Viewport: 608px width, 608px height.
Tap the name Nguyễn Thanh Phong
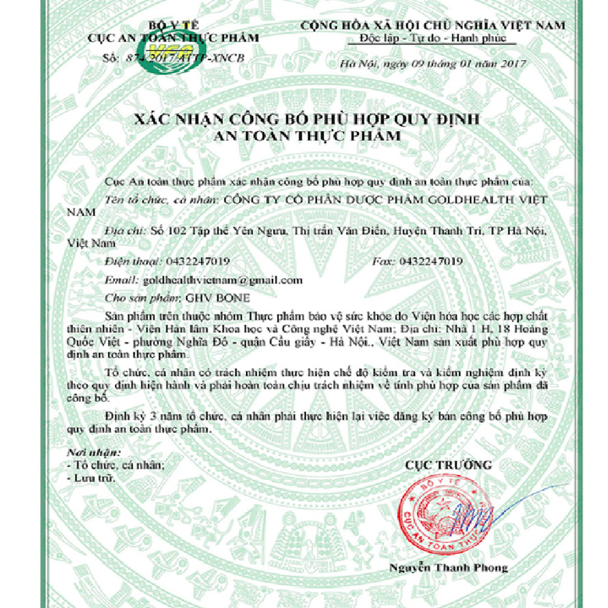click(449, 568)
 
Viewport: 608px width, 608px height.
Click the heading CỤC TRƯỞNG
click(448, 465)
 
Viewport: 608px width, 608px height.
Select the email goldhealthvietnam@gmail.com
click(222, 279)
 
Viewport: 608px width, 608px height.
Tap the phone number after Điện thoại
click(197, 261)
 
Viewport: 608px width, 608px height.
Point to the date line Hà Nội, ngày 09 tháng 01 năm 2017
click(433, 63)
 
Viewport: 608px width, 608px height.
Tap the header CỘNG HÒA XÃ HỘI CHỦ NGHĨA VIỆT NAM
click(433, 25)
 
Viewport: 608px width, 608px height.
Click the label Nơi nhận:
click(93, 453)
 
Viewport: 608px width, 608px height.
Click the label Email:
click(119, 279)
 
